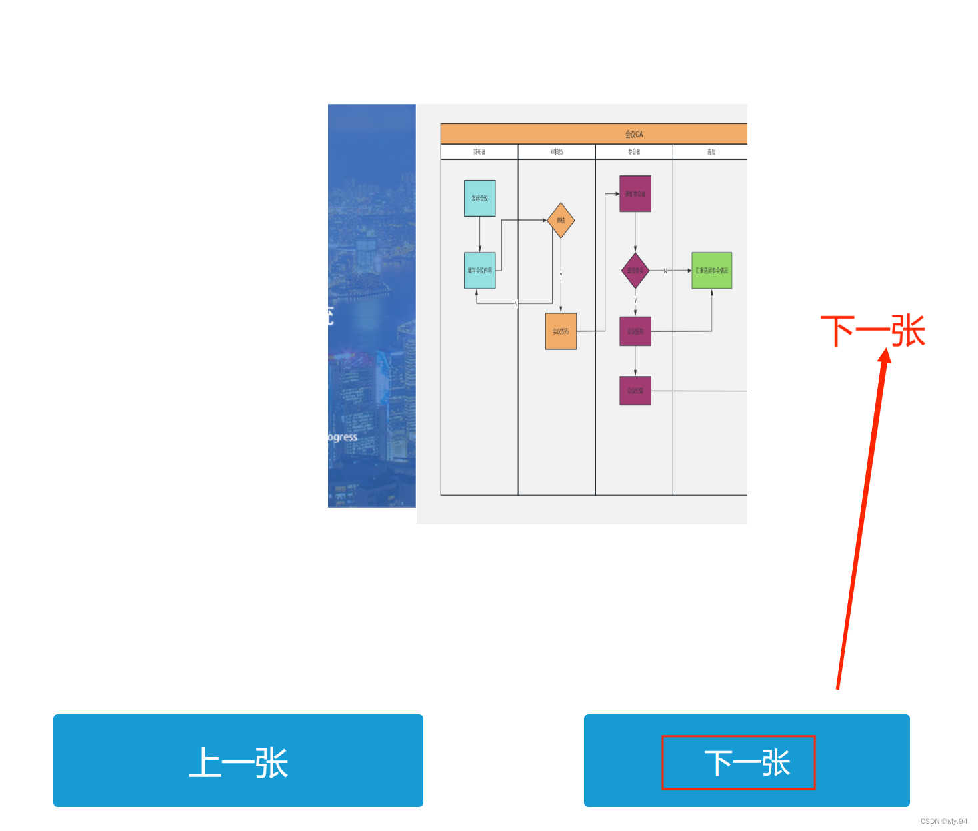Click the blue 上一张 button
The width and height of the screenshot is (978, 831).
pos(238,761)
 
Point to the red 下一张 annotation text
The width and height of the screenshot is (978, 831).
pos(873,331)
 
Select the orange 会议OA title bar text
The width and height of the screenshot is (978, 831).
pos(634,134)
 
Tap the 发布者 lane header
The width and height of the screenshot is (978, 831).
pos(479,152)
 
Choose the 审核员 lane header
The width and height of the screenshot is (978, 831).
pos(557,152)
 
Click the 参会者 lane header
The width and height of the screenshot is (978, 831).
pos(634,152)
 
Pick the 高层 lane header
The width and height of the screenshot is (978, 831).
pos(711,152)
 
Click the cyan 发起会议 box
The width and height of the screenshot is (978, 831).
pos(479,198)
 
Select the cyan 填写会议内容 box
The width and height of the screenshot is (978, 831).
pos(479,271)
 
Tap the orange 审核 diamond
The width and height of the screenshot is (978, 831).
pos(561,221)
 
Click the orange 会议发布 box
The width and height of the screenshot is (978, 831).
pos(561,331)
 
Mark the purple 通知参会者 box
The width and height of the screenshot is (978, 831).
pos(635,194)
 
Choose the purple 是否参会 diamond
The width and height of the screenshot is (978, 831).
pos(635,271)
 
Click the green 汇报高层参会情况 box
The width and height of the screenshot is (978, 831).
pos(712,271)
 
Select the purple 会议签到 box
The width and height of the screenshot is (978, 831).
pos(635,331)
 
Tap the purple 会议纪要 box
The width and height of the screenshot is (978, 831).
pos(635,391)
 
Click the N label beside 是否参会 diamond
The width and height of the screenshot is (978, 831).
pos(665,271)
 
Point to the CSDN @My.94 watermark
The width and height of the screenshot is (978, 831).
pos(943,821)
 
